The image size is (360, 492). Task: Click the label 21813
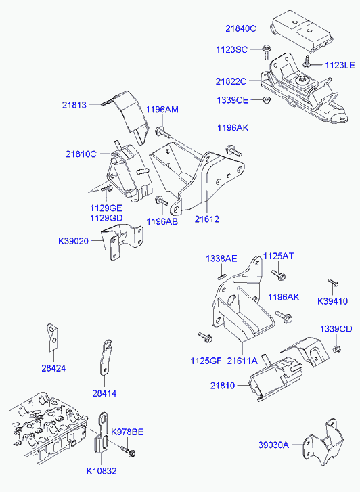coord(74,105)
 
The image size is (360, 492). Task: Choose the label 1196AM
coord(162,110)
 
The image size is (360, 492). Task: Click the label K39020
coord(73,240)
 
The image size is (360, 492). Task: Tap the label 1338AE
coord(221,259)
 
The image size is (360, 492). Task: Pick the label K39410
coord(332,300)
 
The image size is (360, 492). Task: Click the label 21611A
coord(242,361)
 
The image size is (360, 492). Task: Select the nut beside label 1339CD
coord(336,349)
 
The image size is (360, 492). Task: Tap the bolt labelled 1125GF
coord(202,336)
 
